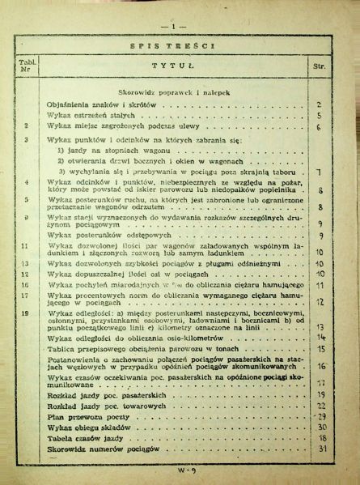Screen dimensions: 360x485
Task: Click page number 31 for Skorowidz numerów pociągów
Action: point(321,449)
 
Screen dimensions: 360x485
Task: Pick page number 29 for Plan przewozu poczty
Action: point(321,414)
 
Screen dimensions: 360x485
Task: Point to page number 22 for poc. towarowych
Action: point(321,402)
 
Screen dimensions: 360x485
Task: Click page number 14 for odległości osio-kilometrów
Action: point(321,337)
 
